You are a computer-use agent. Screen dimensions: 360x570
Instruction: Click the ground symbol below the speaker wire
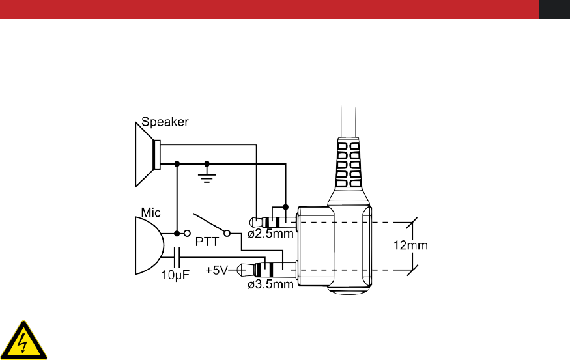click(207, 176)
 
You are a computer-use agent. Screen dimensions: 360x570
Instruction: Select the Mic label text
click(150, 212)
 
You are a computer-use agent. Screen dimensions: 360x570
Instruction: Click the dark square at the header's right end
click(554, 9)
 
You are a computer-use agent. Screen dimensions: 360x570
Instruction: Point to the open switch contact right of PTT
click(227, 232)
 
